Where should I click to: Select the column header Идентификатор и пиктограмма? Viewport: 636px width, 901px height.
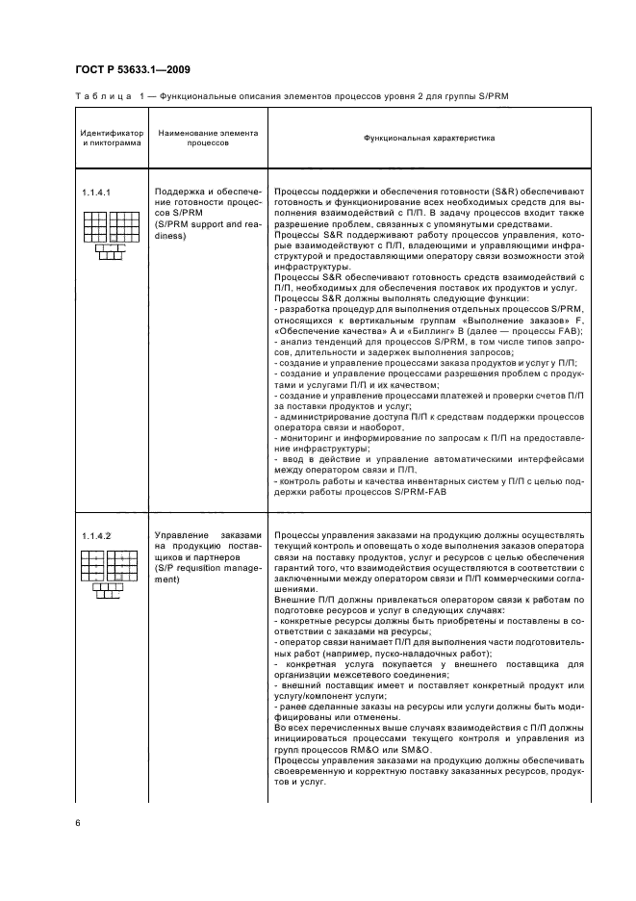pyautogui.click(x=111, y=138)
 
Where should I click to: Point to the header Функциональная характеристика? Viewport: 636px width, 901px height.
pyautogui.click(x=428, y=138)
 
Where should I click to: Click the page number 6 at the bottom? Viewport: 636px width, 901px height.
pyautogui.click(x=77, y=820)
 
